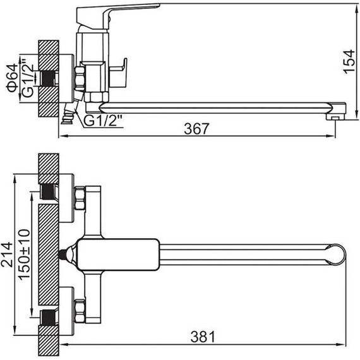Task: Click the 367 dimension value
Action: (197, 129)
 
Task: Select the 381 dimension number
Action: (203, 337)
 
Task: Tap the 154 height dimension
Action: (349, 61)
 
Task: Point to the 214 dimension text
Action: (7, 254)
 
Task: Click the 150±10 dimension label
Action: (24, 255)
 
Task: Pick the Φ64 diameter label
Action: (12, 78)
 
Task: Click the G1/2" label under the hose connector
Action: (102, 121)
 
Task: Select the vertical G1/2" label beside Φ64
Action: (28, 78)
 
